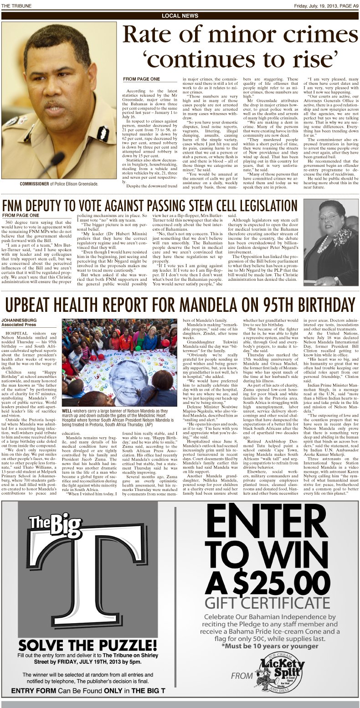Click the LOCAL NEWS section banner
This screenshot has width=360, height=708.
180,16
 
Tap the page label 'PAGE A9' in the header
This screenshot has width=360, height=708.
345,5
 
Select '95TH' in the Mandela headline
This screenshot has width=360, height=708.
283,304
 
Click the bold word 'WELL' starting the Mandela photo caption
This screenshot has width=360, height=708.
69,411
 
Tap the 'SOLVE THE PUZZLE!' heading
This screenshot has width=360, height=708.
87,645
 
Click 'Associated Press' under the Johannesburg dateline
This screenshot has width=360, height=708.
18,325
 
